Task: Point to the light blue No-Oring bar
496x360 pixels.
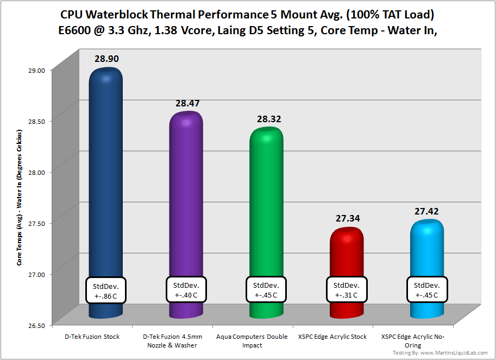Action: [x=427, y=252]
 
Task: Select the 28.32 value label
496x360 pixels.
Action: [x=266, y=119]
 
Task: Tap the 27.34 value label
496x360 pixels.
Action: [x=347, y=218]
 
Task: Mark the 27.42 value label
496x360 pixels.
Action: [x=427, y=211]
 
